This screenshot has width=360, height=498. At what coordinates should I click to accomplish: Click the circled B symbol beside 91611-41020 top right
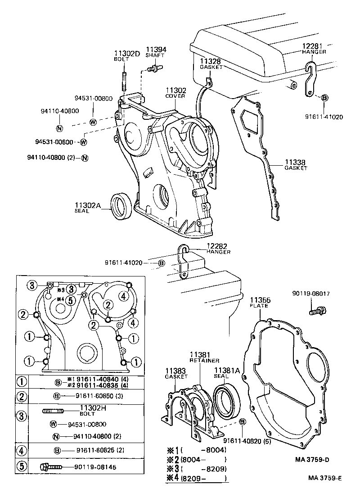point(325,97)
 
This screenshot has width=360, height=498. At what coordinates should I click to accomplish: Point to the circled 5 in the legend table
point(21,466)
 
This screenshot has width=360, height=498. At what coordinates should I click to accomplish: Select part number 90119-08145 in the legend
point(95,466)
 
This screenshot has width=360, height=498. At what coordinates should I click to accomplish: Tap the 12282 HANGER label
point(218,249)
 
